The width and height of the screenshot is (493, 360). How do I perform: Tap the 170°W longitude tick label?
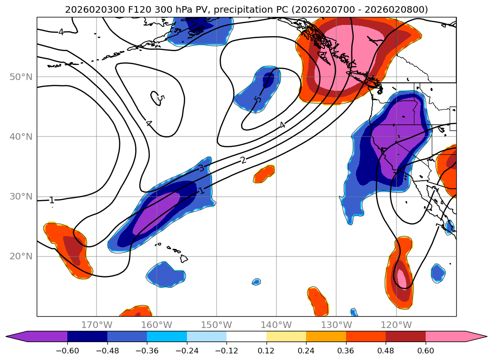click(97, 325)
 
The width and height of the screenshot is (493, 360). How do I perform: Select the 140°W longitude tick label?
click(276, 325)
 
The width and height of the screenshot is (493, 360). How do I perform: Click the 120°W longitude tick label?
click(396, 325)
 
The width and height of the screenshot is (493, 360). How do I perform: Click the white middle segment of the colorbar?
click(246, 336)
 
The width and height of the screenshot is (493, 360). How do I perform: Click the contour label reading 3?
click(201, 168)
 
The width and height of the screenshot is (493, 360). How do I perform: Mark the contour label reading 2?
click(243, 160)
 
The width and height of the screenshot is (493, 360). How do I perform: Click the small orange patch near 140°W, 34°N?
click(264, 174)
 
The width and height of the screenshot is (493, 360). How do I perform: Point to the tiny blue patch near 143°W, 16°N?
click(256, 281)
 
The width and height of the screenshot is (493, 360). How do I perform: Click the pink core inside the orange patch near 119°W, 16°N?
click(402, 278)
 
